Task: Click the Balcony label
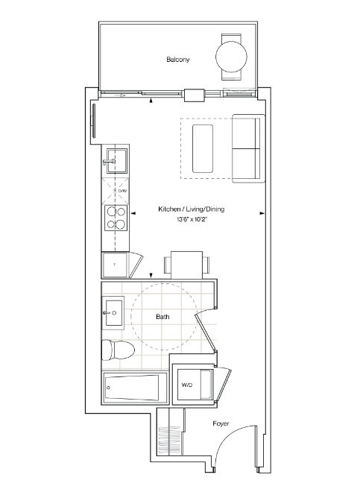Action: pos(178,60)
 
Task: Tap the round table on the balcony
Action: pos(231,57)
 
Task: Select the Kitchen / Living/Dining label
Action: pos(191,209)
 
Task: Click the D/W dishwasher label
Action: pos(122,191)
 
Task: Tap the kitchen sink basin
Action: pos(117,161)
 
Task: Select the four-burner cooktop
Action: pos(116,218)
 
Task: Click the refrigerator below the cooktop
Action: pos(115,265)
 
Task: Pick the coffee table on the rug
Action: pos(203,148)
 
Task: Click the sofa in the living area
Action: pos(248,148)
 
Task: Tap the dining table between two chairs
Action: pos(187,265)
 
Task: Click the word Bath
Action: pos(162,317)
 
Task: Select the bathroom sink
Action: pos(113,312)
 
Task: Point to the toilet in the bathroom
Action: pos(118,350)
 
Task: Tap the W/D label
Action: pos(187,385)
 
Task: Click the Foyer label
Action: pos(221,423)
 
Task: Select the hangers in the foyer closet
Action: pos(169,441)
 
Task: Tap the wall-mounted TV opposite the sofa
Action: pos(93,121)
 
